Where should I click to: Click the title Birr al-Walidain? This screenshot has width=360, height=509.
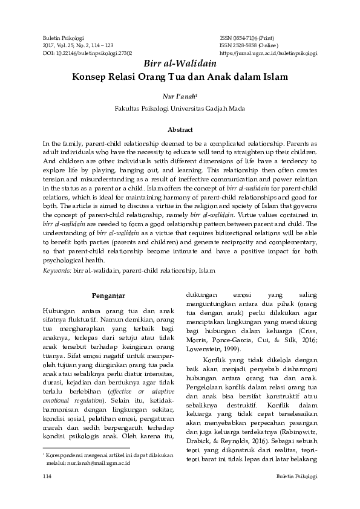click(x=179, y=65)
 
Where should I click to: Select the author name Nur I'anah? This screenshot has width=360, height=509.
click(x=179, y=96)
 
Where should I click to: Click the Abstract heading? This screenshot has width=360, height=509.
click(x=180, y=129)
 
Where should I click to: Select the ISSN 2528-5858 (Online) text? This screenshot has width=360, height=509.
click(x=249, y=45)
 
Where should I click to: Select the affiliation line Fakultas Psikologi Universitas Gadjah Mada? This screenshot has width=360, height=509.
click(x=180, y=109)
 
